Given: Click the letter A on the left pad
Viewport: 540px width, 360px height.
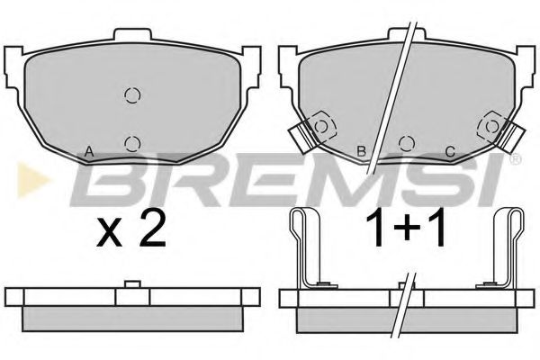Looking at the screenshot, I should click(x=88, y=150).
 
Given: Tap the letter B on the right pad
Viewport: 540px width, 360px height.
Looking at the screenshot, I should click(x=361, y=151).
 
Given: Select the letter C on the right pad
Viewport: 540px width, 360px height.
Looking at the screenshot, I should click(x=448, y=151).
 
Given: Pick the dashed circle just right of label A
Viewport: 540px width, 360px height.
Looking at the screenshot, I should click(x=132, y=142).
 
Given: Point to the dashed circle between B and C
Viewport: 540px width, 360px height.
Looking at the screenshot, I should click(x=405, y=142).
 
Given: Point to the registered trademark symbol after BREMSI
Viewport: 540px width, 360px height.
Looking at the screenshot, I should click(x=515, y=161).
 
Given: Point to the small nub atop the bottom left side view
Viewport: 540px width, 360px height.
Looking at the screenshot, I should click(x=131, y=286).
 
